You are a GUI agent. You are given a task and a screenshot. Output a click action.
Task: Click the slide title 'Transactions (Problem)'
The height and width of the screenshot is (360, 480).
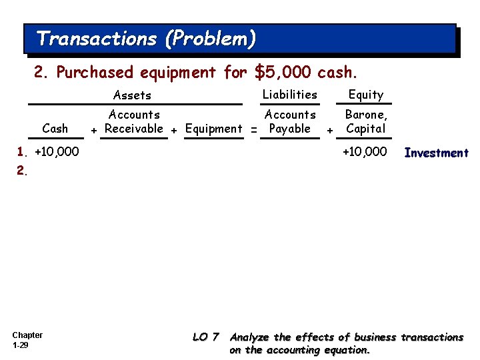point(146,39)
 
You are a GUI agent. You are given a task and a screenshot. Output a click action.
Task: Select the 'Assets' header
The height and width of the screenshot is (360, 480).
point(132,95)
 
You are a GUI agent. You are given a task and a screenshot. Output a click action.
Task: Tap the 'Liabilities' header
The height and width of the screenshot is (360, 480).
point(289,95)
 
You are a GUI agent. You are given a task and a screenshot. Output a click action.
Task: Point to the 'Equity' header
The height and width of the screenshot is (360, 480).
point(366,95)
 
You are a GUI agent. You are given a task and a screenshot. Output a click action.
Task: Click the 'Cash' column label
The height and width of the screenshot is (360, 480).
point(55,129)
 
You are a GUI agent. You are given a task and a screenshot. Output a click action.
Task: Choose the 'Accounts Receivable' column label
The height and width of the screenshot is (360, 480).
point(134,122)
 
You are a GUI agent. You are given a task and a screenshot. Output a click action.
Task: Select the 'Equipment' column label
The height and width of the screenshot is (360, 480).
point(213,129)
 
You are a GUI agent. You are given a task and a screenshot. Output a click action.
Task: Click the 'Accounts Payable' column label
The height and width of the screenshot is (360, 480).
point(290,122)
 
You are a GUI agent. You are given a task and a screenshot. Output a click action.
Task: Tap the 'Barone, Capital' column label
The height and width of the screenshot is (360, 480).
point(366,122)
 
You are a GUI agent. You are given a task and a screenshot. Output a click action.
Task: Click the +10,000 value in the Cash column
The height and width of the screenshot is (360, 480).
point(56,152)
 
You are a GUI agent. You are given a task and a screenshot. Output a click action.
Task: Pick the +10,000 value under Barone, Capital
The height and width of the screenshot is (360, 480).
point(364,152)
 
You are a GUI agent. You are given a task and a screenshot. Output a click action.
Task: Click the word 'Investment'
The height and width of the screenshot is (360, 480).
point(436,153)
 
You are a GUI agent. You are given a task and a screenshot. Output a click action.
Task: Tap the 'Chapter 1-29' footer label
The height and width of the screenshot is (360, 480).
point(27,340)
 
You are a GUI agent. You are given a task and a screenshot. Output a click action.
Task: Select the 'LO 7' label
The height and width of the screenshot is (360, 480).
point(206,337)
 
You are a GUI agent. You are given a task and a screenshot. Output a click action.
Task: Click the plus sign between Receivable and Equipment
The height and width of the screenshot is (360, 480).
point(174,129)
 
